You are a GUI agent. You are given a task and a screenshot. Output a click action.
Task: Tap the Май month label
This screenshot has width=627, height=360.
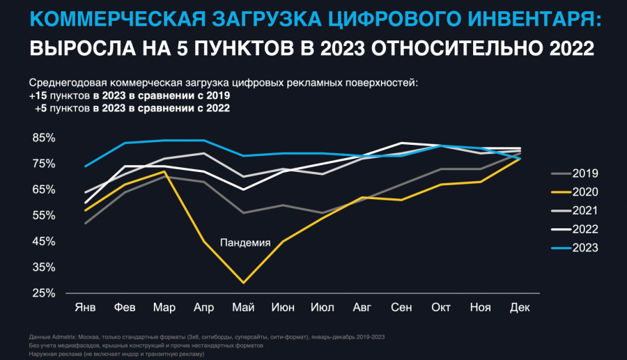point(242,307)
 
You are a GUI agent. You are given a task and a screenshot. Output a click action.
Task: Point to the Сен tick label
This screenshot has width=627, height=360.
point(401,307)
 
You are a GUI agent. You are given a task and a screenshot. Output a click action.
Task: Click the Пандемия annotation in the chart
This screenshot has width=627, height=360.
point(245,242)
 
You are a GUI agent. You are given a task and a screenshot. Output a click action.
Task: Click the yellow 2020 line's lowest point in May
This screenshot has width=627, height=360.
point(242,283)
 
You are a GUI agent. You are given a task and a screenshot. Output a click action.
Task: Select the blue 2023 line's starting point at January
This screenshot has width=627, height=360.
point(85,166)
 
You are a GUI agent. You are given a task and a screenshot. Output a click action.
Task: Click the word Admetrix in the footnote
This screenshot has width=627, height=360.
point(62,337)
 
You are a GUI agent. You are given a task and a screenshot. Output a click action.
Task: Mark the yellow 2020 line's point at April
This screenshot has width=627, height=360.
point(203,241)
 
